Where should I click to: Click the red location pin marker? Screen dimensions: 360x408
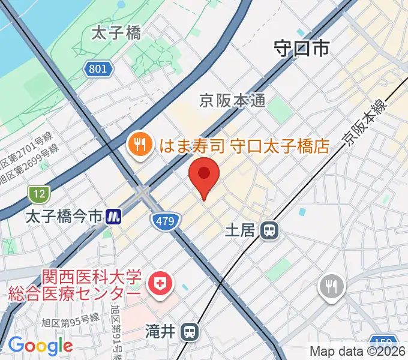point(204,175)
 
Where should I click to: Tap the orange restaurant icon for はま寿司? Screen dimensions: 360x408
point(139,145)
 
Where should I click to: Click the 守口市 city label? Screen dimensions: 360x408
point(302,48)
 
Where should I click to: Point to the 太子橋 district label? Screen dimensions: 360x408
point(116,34)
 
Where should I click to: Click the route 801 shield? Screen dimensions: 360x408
point(98,69)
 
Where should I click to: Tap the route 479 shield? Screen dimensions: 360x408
point(165,221)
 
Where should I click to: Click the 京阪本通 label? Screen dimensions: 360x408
point(232,101)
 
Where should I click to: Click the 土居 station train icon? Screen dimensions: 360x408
point(271,230)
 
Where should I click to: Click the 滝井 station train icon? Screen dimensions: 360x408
point(190,331)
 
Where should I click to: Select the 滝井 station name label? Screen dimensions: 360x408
point(160,331)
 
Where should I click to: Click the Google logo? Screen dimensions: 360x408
point(40,346)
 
